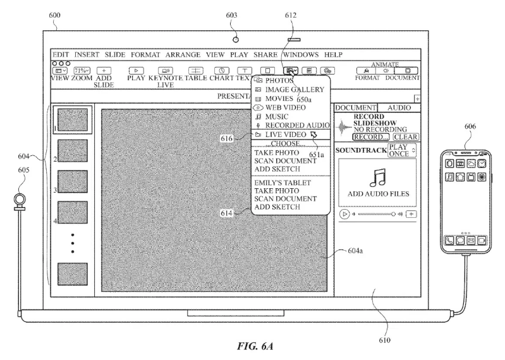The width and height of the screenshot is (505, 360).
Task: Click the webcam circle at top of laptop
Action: pyautogui.click(x=236, y=39)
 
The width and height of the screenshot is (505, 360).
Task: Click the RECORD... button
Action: pyautogui.click(x=371, y=136)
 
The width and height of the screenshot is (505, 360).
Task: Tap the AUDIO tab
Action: pyautogui.click(x=399, y=108)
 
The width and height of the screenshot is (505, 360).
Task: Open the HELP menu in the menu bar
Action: pyautogui.click(x=333, y=55)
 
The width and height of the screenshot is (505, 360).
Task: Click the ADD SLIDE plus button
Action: pyautogui.click(x=104, y=71)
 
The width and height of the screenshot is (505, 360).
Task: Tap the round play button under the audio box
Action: pyautogui.click(x=344, y=214)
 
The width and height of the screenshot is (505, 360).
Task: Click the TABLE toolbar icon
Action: pyautogui.click(x=197, y=71)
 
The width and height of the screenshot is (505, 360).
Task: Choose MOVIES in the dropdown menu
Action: pyautogui.click(x=279, y=99)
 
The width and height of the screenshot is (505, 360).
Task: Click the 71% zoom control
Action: pyautogui.click(x=82, y=71)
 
